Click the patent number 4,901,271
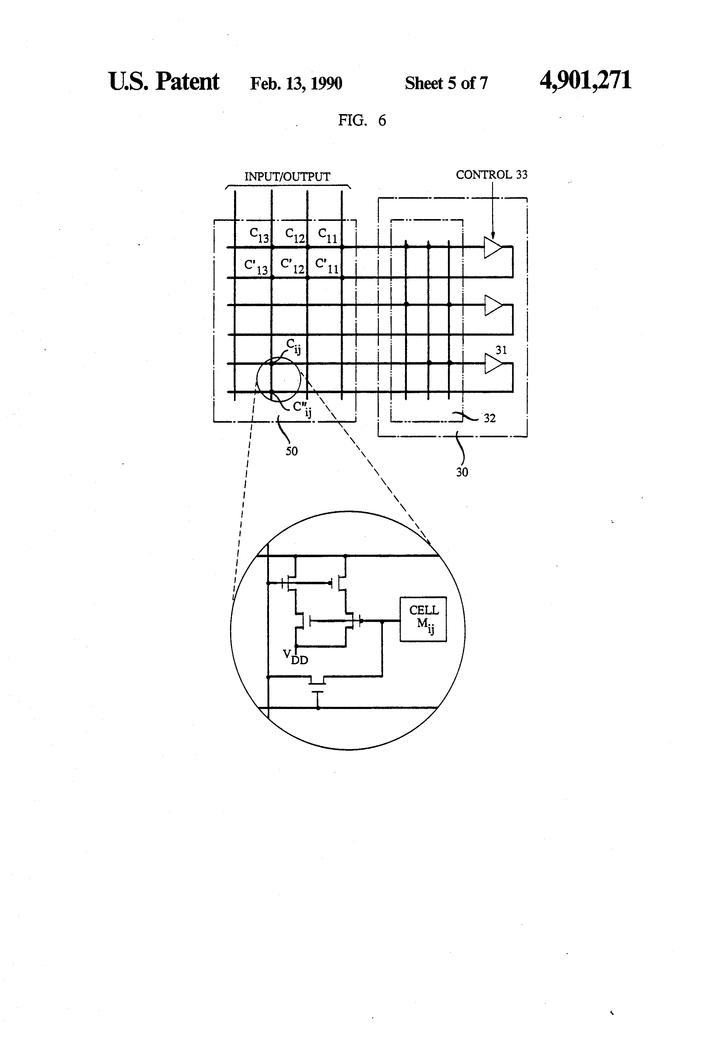(x=585, y=81)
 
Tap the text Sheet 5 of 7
(x=446, y=83)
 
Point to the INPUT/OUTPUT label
(x=287, y=177)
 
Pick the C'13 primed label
(x=256, y=266)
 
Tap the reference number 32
(x=490, y=418)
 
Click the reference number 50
(x=292, y=451)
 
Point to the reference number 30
(x=462, y=472)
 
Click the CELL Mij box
(x=423, y=619)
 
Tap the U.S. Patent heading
(x=163, y=82)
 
